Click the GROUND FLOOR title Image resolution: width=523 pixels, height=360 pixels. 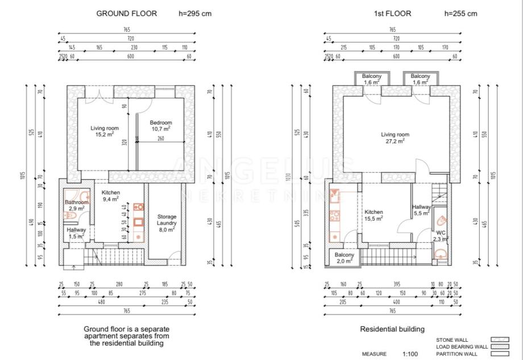(127, 14)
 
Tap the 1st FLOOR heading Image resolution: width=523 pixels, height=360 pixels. (388, 14)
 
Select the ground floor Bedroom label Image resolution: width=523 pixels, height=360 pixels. (161, 126)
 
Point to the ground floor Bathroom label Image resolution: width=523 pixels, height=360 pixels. (77, 205)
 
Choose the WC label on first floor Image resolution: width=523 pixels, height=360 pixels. (441, 235)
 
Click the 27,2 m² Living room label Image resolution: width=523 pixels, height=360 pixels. (395, 138)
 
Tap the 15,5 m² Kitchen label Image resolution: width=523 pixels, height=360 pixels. (374, 214)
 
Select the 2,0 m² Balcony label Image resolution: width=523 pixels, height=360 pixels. (344, 258)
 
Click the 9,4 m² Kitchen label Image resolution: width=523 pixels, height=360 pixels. (111, 196)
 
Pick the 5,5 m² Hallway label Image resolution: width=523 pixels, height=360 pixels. (422, 210)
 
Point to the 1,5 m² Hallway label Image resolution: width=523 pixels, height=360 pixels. (77, 233)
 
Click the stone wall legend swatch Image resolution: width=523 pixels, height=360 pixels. (500, 340)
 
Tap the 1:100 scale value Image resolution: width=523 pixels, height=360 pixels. (409, 354)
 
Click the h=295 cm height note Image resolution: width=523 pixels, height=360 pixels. (195, 14)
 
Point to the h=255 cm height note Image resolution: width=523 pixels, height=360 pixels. (461, 14)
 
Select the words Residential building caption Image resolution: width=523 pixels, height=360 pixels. (392, 329)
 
